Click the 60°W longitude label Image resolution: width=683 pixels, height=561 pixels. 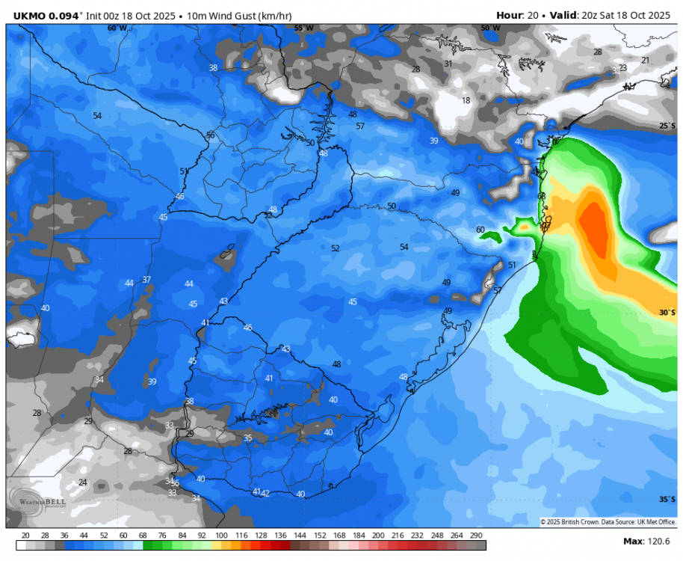pos(117,28)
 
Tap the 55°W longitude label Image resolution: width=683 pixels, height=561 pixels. pos(303,28)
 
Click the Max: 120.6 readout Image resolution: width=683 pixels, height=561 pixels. pos(646,541)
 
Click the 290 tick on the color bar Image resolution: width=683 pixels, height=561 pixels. pos(477,536)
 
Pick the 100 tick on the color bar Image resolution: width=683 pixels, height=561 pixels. pos(222,536)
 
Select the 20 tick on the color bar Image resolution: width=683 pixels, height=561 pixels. pos(25,536)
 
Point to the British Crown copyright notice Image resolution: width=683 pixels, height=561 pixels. pos(608,522)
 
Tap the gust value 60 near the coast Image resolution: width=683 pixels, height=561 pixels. pos(480,230)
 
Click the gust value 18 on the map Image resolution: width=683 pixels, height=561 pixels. pos(466,100)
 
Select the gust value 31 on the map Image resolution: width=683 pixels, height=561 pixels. pos(448,64)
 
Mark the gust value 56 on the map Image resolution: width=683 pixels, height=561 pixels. pos(210,135)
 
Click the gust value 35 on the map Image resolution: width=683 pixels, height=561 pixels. pos(248,438)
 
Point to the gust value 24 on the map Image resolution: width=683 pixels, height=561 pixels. pos(82,482)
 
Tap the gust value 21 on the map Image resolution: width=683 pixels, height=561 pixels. pos(646,61)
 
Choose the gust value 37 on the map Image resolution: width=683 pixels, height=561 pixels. pos(146,280)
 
